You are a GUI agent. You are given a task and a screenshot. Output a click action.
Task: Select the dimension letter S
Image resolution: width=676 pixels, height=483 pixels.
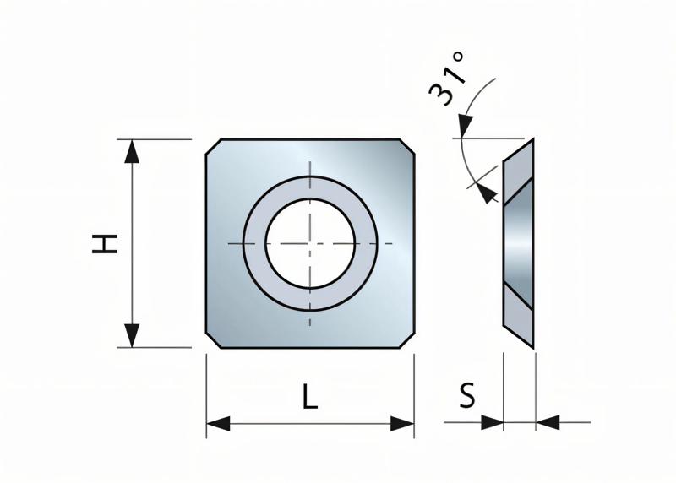(x=467, y=395)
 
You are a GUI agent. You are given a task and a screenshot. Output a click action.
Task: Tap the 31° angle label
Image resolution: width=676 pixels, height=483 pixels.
(x=449, y=78)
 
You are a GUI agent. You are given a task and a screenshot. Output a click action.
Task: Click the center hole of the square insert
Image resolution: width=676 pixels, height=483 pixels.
(x=310, y=243)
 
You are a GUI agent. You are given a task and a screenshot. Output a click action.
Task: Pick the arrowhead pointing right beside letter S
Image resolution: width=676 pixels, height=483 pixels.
(x=492, y=421)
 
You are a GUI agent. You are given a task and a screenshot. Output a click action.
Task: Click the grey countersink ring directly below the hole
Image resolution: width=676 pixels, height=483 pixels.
(x=310, y=298)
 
